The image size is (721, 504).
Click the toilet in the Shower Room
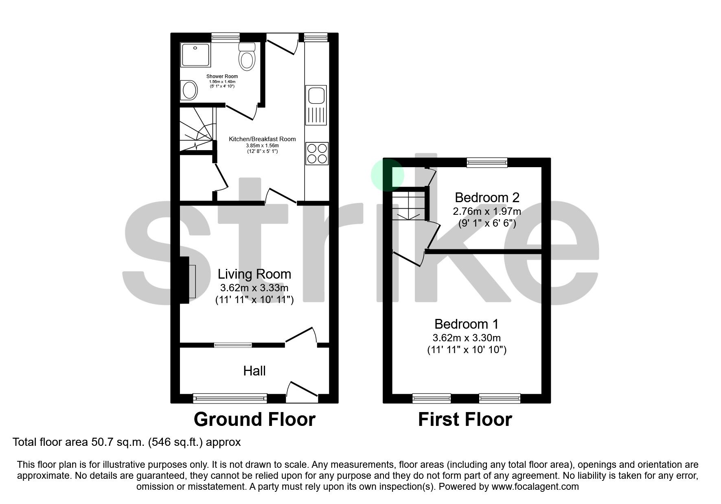(247, 58)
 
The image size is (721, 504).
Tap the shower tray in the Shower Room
(196, 55)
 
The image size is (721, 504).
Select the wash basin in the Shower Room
(189, 90)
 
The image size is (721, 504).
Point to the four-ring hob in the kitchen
(317, 153)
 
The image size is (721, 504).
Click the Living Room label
(254, 274)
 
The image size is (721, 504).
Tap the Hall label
(254, 371)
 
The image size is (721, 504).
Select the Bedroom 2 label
(487, 198)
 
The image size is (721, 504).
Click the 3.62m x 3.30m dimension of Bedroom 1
(467, 338)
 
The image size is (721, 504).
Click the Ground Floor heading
(254, 419)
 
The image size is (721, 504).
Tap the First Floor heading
(465, 419)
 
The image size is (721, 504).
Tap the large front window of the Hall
(230, 398)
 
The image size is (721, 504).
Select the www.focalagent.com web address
(535, 487)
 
